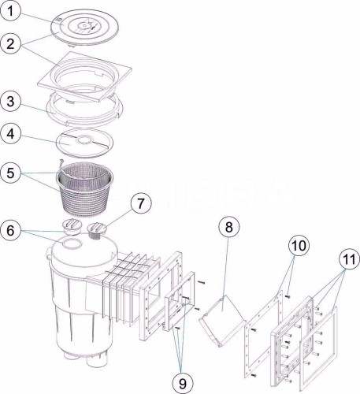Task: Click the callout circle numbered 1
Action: coord(10,11)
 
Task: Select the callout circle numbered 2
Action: coord(10,43)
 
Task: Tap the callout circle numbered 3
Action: coord(10,102)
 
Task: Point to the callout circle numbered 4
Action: coord(10,134)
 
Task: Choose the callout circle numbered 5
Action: coord(10,173)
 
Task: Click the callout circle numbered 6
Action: coord(10,230)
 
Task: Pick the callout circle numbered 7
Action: coord(141,203)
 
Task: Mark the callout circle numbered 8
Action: coord(229,226)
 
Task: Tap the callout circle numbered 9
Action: coord(183,383)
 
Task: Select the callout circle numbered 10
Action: coord(299,246)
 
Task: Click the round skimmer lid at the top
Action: coord(84,28)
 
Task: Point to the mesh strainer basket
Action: coord(84,189)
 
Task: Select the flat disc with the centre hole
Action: coord(84,142)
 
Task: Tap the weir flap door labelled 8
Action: coord(221,319)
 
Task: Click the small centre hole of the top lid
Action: coord(84,25)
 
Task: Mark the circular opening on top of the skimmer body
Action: coord(72,243)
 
